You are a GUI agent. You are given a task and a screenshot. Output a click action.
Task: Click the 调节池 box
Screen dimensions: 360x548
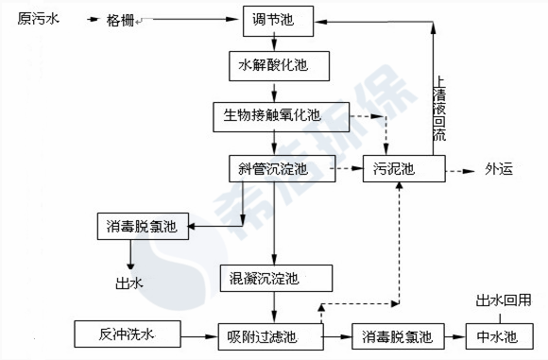pyautogui.click(x=273, y=21)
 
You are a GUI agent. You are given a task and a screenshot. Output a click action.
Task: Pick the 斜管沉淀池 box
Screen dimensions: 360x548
pyautogui.click(x=273, y=170)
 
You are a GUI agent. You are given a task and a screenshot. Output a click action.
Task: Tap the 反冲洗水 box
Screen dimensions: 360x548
pyautogui.click(x=119, y=335)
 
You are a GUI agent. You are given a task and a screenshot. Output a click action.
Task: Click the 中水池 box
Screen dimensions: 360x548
pyautogui.click(x=496, y=335)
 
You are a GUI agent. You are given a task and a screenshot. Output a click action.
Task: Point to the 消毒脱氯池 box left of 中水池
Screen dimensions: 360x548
pyautogui.click(x=398, y=335)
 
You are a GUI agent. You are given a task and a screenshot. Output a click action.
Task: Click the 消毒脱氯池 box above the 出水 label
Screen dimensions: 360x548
pyautogui.click(x=143, y=227)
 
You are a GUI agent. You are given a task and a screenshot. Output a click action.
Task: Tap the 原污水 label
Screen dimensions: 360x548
pyautogui.click(x=38, y=20)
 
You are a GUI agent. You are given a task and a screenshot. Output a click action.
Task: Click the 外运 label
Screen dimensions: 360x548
pyautogui.click(x=499, y=171)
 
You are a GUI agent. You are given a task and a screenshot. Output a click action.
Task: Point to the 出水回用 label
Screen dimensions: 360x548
pyautogui.click(x=509, y=300)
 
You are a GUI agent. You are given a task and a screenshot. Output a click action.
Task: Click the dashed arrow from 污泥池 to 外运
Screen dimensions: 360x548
pyautogui.click(x=459, y=171)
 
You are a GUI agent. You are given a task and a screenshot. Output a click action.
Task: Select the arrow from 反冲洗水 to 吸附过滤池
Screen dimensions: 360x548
pyautogui.click(x=189, y=335)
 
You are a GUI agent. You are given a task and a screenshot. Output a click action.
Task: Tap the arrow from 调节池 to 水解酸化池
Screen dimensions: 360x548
pyautogui.click(x=273, y=43)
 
